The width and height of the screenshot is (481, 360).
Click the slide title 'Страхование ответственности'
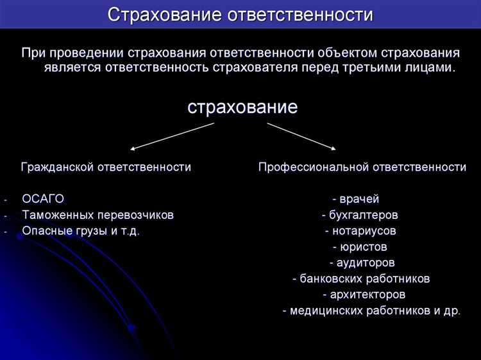point(240,14)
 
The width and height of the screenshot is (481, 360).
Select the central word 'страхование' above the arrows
point(242,107)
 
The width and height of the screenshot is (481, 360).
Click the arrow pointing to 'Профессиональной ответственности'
point(301,136)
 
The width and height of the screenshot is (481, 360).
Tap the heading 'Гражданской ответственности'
point(106,167)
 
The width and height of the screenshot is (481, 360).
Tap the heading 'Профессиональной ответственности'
point(362,167)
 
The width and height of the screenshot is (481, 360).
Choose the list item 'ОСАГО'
point(43,198)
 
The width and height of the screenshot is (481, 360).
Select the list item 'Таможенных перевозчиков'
point(97,214)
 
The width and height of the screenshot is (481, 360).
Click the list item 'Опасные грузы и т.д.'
point(81,230)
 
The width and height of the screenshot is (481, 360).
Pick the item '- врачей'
point(356,198)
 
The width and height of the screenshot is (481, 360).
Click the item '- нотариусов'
point(360,230)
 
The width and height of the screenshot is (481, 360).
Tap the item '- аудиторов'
point(362,262)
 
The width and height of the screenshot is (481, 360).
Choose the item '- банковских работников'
point(360,279)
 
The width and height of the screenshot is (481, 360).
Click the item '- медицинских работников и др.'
point(371,311)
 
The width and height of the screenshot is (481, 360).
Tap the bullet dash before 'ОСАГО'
point(4,199)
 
